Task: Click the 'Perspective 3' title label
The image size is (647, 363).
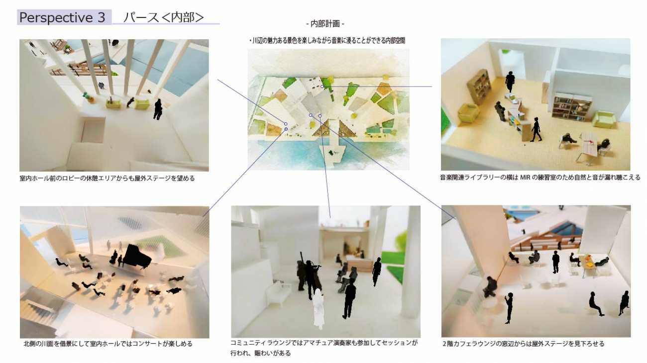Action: [62, 17]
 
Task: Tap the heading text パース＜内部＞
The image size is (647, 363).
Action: [163, 17]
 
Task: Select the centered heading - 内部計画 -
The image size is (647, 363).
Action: [325, 24]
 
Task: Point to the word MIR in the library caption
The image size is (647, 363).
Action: [525, 178]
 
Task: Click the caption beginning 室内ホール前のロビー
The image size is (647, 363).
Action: [107, 179]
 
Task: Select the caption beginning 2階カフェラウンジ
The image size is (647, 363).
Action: [523, 344]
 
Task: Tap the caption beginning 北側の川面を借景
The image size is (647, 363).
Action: [108, 344]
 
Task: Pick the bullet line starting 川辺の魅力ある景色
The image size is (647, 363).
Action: [327, 41]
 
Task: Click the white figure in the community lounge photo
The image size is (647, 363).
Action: [318, 309]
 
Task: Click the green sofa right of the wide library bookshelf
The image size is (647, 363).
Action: [604, 119]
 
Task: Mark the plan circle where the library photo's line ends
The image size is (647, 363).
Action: [322, 87]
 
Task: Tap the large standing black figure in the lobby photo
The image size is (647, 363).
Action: [158, 109]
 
